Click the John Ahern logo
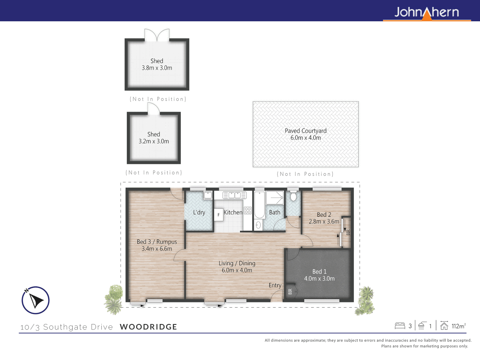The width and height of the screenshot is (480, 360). [x=427, y=13]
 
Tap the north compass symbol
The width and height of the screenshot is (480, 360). [x=35, y=300]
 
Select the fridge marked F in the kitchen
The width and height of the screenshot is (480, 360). [x=218, y=215]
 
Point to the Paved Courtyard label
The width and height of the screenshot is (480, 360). [x=305, y=131]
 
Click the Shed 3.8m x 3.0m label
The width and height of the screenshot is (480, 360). [x=157, y=64]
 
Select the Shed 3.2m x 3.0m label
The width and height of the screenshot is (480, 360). [x=154, y=138]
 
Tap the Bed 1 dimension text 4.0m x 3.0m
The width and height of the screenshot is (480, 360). [x=319, y=279]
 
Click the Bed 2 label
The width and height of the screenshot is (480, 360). [x=324, y=215]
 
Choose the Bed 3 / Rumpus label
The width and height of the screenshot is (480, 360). [x=157, y=242]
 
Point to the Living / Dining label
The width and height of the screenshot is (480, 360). [x=237, y=263]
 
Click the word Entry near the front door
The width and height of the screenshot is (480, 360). [x=275, y=285]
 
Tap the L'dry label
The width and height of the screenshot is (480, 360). [x=199, y=212]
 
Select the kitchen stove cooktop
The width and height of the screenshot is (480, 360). [x=247, y=210]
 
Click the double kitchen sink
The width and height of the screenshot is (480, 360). [x=234, y=195]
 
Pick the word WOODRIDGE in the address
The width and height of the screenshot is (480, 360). [x=148, y=327]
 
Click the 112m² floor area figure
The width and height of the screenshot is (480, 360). [x=458, y=326]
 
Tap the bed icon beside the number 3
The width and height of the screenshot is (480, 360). [x=400, y=326]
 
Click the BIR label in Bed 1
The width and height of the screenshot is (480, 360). [x=290, y=292]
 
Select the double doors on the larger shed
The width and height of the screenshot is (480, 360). [x=157, y=35]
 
